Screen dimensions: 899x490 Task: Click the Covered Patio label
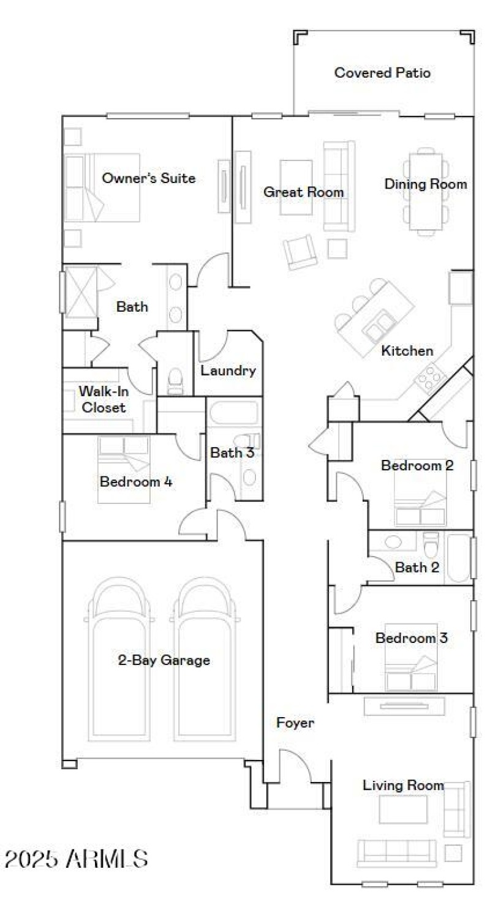(x=382, y=73)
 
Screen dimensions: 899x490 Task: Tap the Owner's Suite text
(x=149, y=178)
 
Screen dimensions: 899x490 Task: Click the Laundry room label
(x=228, y=371)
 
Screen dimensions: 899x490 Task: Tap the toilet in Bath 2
(x=431, y=543)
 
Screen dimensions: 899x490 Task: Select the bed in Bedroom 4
(x=124, y=470)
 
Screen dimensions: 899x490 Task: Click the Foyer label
(x=295, y=723)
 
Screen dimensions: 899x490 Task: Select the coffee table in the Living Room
(x=402, y=809)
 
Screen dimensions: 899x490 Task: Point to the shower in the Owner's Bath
(x=81, y=290)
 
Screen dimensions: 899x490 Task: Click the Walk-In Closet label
(x=104, y=399)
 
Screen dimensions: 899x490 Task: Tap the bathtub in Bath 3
(x=235, y=412)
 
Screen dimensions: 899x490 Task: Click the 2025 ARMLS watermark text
(x=76, y=859)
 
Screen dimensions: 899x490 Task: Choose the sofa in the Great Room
(x=339, y=186)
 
